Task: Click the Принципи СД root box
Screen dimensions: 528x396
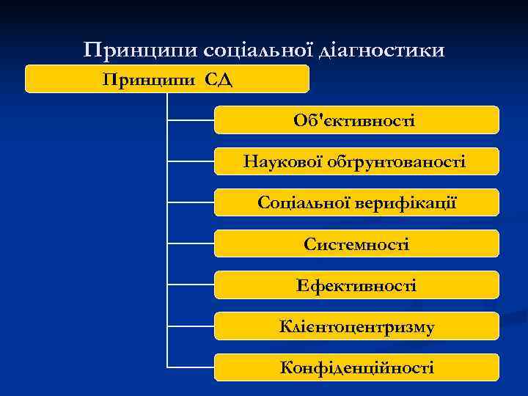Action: tap(167, 78)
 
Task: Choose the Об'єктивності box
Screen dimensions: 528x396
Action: tap(356, 120)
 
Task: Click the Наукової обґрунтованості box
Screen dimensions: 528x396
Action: tap(356, 161)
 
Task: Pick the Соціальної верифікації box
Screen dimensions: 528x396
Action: tap(356, 202)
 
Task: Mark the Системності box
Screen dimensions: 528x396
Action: tap(356, 243)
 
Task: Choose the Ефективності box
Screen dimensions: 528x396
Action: tap(356, 285)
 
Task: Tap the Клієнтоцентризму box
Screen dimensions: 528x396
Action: tap(356, 326)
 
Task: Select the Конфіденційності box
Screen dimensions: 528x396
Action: tap(356, 367)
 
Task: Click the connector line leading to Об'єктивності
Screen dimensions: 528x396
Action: tap(191, 120)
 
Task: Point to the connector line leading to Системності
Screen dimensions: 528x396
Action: tap(191, 243)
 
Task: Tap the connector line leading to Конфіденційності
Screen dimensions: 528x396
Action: tap(191, 367)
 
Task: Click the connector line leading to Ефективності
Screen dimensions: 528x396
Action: tap(191, 285)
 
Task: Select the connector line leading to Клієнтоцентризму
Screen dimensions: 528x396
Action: tap(191, 326)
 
